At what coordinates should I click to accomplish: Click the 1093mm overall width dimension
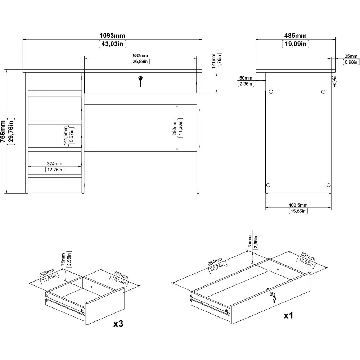112,36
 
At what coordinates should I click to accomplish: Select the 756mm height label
3,131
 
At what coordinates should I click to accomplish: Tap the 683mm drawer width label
140,55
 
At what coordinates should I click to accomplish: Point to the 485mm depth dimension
296,36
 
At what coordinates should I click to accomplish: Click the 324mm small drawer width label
55,164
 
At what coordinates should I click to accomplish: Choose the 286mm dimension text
175,128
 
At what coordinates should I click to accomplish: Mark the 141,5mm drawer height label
66,135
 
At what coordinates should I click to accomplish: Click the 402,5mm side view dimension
298,205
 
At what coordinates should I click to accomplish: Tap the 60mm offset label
246,78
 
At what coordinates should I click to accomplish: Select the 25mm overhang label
351,56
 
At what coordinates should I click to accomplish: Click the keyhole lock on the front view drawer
140,81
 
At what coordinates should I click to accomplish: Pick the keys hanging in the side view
334,81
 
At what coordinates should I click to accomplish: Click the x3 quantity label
118,324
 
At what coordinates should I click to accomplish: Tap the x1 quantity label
288,316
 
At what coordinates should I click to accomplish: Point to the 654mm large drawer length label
215,262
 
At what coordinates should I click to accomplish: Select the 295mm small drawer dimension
47,273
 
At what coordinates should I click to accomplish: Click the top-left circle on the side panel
271,91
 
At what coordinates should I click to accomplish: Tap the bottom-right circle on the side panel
329,185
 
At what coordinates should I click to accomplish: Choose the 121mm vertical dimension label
213,61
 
